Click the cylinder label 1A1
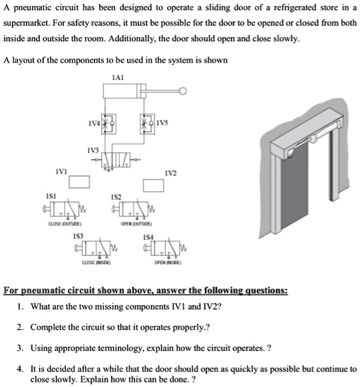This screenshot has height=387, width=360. click(118, 78)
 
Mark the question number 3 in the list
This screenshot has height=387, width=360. click(21, 347)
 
